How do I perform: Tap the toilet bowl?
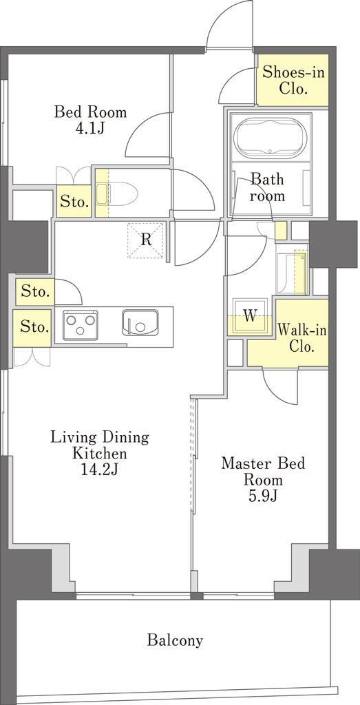[118, 193]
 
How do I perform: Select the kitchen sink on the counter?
[139, 323]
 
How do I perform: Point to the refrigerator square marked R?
[146, 240]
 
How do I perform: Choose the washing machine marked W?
[250, 317]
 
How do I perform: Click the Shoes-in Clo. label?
[293, 80]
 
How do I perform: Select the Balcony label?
[175, 640]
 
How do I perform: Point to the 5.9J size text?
[263, 496]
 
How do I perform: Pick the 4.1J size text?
[90, 128]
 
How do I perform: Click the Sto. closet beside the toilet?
[74, 202]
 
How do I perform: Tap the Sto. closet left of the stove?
[34, 327]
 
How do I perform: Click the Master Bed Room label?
[263, 471]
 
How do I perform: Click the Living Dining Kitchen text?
[99, 444]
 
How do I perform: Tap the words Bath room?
[267, 187]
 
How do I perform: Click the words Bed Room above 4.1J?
[90, 112]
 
